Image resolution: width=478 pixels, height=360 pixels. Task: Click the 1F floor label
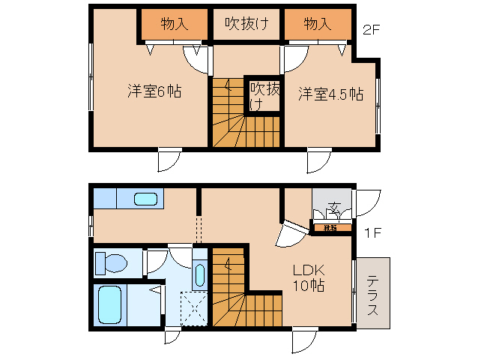click(x=374, y=232)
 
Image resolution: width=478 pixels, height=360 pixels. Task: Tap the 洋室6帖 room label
click(x=154, y=92)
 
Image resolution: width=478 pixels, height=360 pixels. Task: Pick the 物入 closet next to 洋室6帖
click(x=174, y=24)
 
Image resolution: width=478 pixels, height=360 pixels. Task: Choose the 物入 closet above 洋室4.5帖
click(x=317, y=24)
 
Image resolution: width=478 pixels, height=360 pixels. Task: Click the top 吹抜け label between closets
click(x=243, y=24)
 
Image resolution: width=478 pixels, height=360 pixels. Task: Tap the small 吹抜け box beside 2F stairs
click(x=264, y=95)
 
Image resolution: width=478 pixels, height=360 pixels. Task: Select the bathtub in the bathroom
click(x=110, y=304)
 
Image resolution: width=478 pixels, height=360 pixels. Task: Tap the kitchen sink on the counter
click(x=146, y=199)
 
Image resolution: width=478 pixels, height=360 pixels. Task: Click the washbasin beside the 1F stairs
click(x=199, y=273)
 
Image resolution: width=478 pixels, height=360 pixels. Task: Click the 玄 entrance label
click(x=334, y=208)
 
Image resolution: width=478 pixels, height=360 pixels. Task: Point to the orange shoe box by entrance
click(x=330, y=227)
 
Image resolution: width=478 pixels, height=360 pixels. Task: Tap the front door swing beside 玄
click(x=367, y=203)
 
